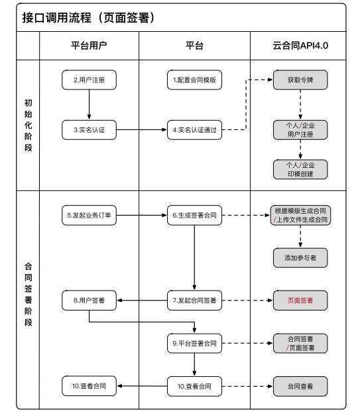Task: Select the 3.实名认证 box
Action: click(x=89, y=130)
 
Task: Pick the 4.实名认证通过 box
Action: click(x=194, y=130)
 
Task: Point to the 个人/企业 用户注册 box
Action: click(x=300, y=130)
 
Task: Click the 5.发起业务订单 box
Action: click(x=89, y=216)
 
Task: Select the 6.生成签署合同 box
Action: click(x=194, y=216)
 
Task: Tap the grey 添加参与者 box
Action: click(x=300, y=257)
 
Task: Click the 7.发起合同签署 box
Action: click(x=194, y=301)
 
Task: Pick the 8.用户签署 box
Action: click(x=89, y=301)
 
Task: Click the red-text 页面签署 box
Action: click(x=300, y=301)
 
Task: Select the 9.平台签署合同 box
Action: click(x=194, y=343)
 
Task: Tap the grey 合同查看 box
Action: click(x=300, y=385)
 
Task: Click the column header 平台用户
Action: click(x=89, y=45)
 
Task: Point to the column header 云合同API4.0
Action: click(x=300, y=45)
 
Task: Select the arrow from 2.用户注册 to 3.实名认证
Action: click(x=89, y=104)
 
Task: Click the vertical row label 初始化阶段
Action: click(x=27, y=126)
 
